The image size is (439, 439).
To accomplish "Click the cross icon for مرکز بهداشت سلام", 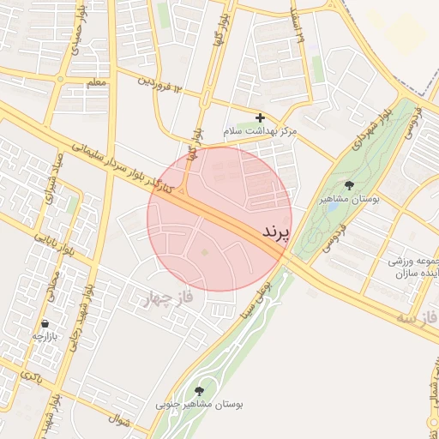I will pos(261,117).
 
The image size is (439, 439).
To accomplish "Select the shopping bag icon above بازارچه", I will pos(44,324).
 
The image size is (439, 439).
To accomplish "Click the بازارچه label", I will pos(44,337).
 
